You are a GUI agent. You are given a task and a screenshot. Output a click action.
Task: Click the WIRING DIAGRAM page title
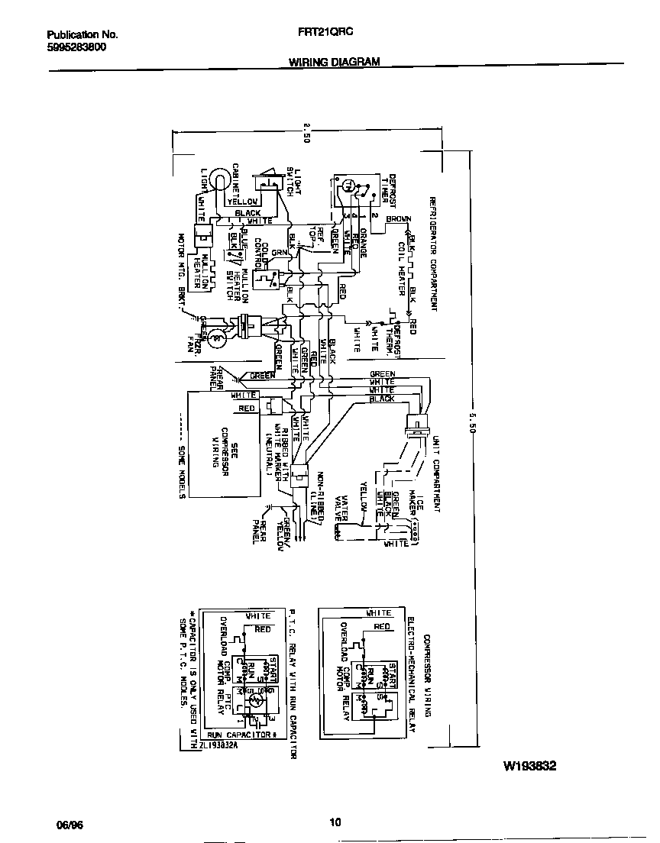[x=334, y=63]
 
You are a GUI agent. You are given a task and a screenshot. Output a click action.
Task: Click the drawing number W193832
[x=529, y=764]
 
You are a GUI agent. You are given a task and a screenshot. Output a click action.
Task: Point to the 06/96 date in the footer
[x=69, y=825]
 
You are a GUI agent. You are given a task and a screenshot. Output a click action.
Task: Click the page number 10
[x=334, y=822]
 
